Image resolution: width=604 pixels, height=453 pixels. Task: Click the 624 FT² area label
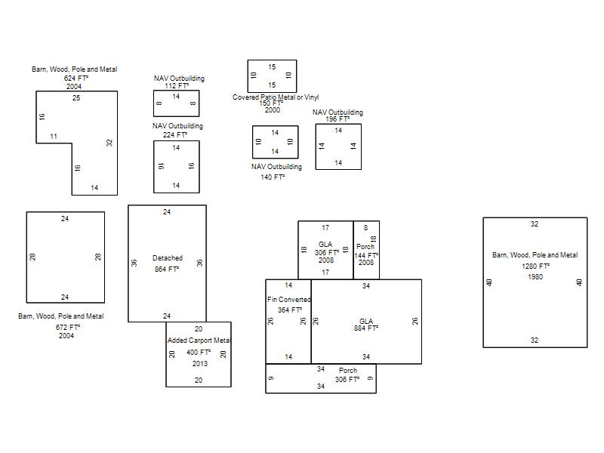click(76, 79)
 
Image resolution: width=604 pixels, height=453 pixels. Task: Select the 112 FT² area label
click(177, 85)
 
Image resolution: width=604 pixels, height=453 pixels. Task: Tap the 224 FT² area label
click(175, 135)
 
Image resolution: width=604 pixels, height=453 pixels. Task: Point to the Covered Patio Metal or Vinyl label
click(276, 97)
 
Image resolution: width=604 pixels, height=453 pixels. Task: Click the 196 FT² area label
click(337, 119)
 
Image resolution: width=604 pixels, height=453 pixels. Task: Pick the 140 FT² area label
click(273, 177)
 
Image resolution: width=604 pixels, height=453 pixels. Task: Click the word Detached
click(168, 258)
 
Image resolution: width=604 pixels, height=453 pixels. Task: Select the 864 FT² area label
click(167, 270)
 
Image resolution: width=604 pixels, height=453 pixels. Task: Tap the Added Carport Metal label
click(199, 341)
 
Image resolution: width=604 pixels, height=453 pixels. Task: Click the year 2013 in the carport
click(200, 364)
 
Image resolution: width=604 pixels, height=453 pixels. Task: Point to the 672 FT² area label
click(68, 328)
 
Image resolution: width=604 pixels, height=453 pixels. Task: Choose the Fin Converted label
click(289, 299)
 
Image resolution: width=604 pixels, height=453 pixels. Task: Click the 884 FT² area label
click(366, 328)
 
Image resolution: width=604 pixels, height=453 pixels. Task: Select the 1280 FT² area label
click(536, 267)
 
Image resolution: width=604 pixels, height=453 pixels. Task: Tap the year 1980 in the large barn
click(535, 277)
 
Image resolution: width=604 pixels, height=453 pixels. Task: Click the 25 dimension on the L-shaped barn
click(76, 98)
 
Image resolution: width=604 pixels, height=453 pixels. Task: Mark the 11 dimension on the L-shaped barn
click(54, 137)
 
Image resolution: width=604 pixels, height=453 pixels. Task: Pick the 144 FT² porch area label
click(366, 255)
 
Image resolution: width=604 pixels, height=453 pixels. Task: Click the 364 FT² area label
click(290, 310)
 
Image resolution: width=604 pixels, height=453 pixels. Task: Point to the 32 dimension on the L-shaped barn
click(109, 143)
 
